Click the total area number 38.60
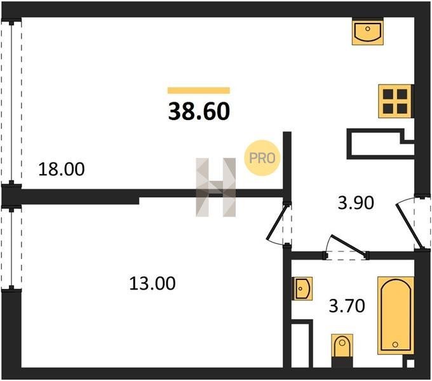(199, 112)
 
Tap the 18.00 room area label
(62, 169)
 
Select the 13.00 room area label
(152, 283)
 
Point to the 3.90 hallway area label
(356, 203)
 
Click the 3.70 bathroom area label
(347, 306)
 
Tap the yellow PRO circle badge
(262, 158)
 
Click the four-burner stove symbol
(395, 102)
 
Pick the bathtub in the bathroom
(396, 316)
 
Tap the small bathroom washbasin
(302, 288)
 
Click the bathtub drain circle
(395, 344)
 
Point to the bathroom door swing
(346, 247)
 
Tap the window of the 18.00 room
(11, 103)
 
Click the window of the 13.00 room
(11, 248)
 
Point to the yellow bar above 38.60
(199, 90)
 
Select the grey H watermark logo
(216, 187)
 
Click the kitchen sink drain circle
(368, 29)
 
